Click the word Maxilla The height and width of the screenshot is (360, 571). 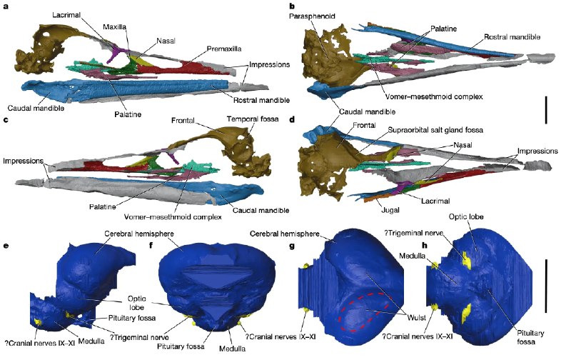tap(114, 26)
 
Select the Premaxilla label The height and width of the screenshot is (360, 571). tap(224, 49)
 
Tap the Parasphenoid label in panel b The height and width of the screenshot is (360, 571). tap(312, 16)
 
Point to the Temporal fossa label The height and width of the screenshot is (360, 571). tap(253, 119)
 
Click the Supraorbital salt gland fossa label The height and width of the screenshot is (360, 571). tap(435, 130)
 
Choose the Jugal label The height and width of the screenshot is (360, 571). tap(390, 210)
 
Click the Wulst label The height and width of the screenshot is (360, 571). tap(417, 317)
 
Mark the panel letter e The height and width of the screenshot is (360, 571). tap(6, 245)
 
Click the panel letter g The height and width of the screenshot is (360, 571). tap(292, 246)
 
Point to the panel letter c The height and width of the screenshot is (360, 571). tap(6, 119)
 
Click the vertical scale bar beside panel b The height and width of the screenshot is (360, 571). tap(546, 110)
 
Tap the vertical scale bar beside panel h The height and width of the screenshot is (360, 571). tap(546, 286)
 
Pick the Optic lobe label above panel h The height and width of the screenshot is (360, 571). tap(466, 216)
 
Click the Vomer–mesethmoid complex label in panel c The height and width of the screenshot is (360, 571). tap(173, 217)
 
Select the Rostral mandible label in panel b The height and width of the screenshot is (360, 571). tap(512, 37)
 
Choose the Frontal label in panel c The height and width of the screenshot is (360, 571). tap(183, 120)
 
